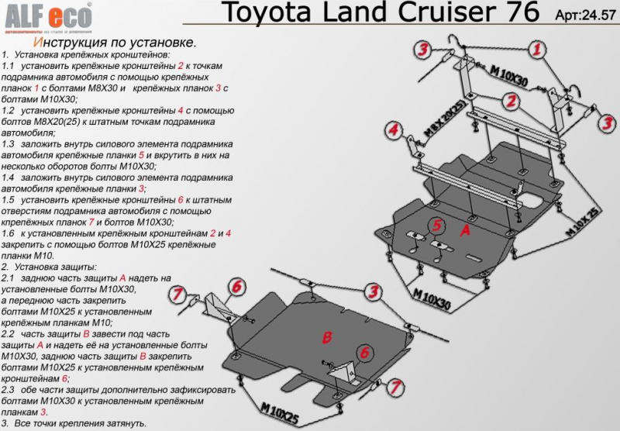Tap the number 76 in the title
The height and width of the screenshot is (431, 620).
click(525, 13)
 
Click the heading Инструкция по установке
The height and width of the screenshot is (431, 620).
click(115, 43)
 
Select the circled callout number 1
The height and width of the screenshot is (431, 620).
click(536, 51)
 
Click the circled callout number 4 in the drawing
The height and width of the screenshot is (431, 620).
click(393, 129)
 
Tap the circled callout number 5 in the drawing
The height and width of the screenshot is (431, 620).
click(437, 226)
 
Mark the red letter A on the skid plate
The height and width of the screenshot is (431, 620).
click(465, 230)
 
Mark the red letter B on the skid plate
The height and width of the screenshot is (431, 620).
click(327, 336)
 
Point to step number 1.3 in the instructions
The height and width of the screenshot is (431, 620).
click(11, 144)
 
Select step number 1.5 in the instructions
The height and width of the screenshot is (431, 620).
click(11, 199)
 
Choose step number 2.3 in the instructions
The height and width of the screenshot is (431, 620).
click(11, 389)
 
